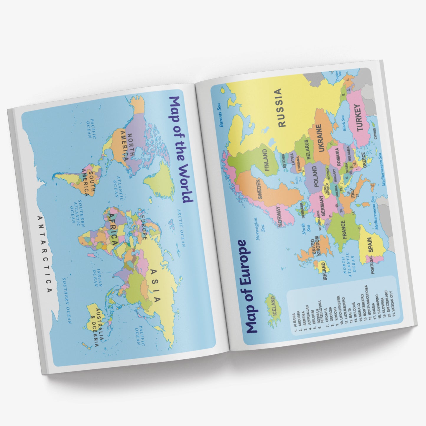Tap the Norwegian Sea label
click(259, 228)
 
